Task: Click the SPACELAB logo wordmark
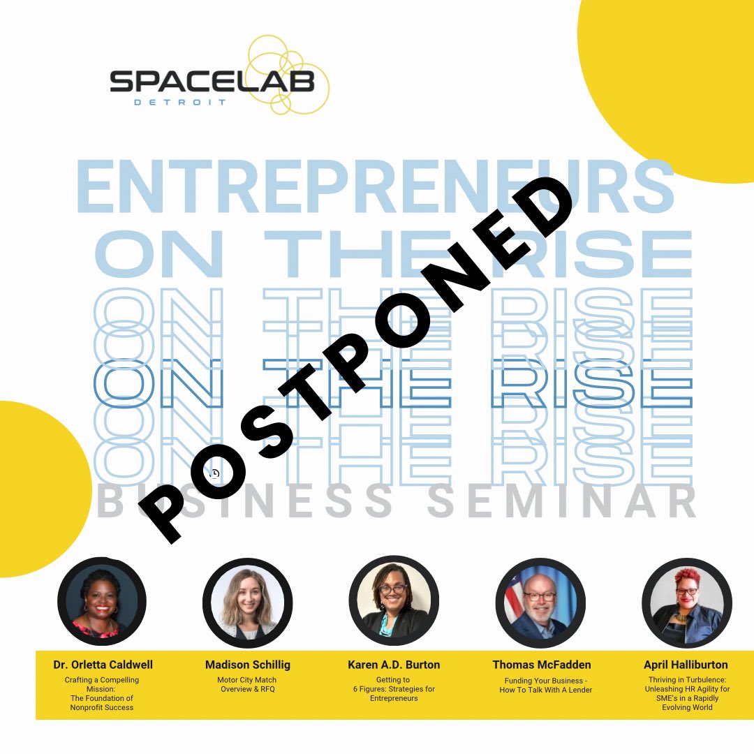tap(212, 83)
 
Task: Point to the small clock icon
tap(214, 473)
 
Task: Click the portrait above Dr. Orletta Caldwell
tap(102, 601)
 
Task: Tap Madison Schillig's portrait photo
tap(248, 601)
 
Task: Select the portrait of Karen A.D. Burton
tap(394, 601)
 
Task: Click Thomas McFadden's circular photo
tap(540, 601)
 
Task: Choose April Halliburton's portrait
tap(686, 601)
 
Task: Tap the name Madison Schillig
tap(248, 665)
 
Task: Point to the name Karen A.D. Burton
tap(394, 665)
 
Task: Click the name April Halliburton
tap(686, 665)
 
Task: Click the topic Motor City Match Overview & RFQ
tap(248, 684)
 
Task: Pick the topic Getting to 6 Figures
tap(394, 688)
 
